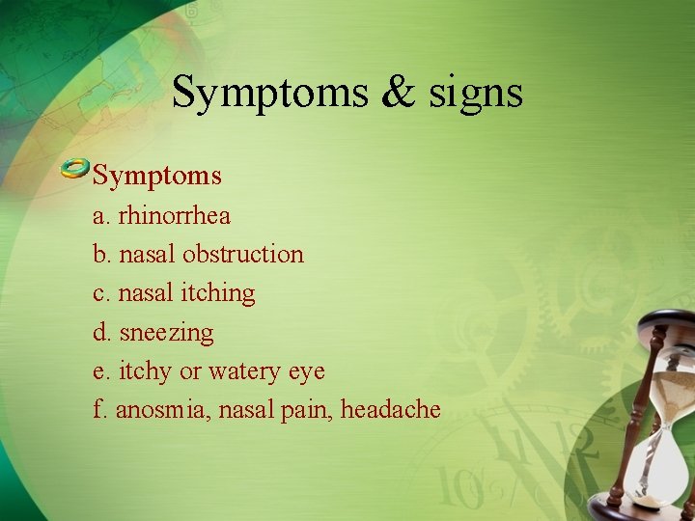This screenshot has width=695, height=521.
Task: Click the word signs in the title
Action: tap(478, 94)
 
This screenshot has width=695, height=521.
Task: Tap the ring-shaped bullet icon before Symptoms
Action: tap(75, 170)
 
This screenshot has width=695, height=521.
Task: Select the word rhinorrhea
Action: tap(174, 215)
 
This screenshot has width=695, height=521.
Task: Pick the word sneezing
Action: tap(166, 333)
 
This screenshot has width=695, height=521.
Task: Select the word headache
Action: tap(390, 410)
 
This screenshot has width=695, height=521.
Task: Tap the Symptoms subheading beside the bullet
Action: tap(156, 176)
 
